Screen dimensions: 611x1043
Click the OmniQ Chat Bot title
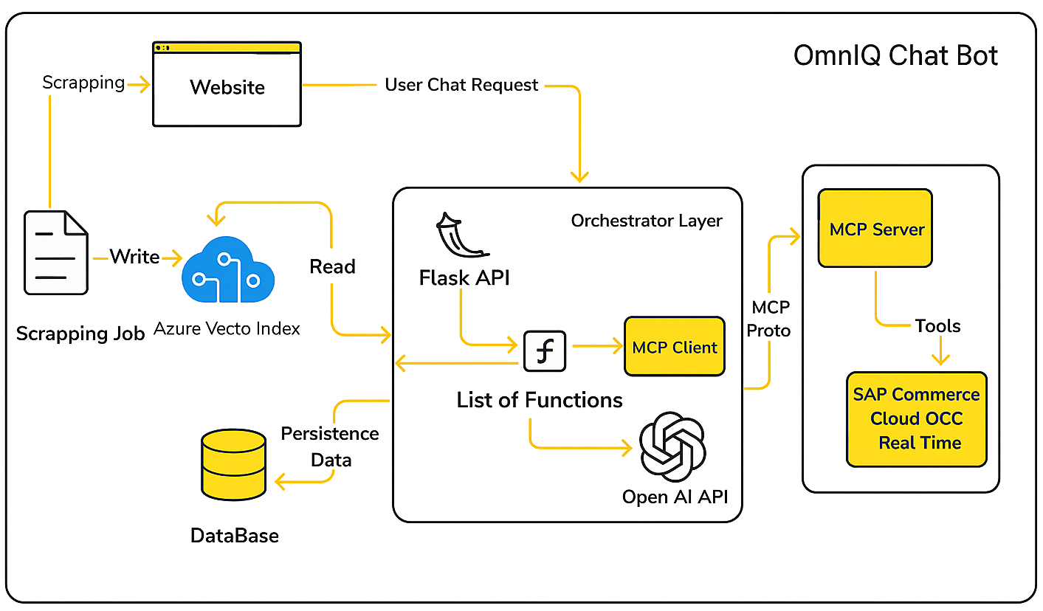(896, 55)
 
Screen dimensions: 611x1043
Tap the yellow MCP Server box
(875, 228)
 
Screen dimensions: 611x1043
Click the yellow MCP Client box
(674, 347)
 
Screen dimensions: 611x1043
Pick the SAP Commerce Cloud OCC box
(916, 418)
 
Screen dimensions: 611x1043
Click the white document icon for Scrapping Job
(56, 252)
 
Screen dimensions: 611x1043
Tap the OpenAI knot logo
(672, 446)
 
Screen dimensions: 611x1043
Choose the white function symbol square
(545, 351)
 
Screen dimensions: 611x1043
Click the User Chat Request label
(462, 85)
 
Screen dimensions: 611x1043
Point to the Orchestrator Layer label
(647, 221)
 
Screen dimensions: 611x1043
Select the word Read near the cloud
(333, 266)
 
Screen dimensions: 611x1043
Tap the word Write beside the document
(134, 257)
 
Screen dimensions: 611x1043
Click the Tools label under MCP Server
(937, 326)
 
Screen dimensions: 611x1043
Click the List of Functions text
(540, 400)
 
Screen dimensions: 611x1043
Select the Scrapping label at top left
(83, 82)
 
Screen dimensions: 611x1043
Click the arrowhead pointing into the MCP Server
(795, 236)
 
